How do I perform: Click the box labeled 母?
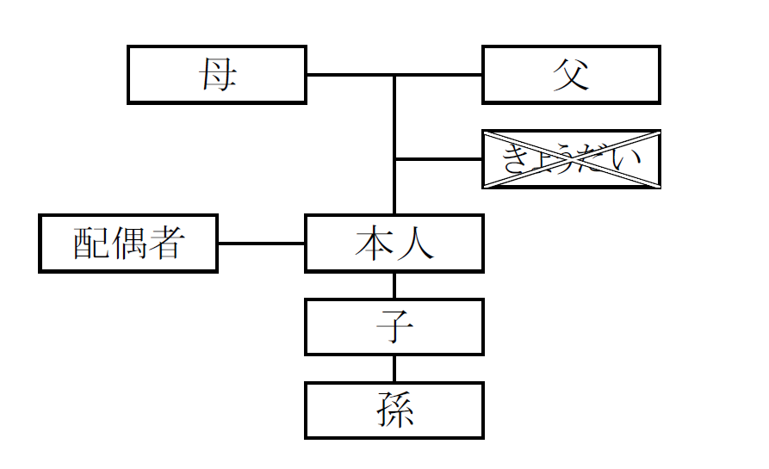217,75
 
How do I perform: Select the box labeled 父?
571,75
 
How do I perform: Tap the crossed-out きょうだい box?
571,159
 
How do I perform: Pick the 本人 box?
394,244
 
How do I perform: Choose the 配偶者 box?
128,244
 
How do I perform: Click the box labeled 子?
394,327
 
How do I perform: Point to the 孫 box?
394,410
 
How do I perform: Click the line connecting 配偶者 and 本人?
261,244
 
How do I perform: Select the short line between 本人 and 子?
394,286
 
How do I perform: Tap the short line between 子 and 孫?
394,368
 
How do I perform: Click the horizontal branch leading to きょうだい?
438,159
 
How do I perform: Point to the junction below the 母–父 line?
394,76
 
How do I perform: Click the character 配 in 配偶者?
91,244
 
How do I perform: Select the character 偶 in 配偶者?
128,244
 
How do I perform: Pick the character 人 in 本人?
414,244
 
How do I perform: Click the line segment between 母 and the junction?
350,75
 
